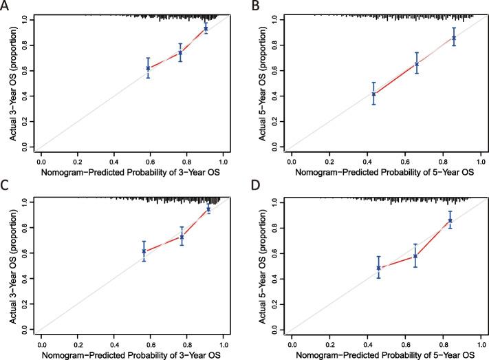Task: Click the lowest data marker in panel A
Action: click(148, 67)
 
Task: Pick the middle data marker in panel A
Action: click(180, 52)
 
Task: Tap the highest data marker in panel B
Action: click(454, 38)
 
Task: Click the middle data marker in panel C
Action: click(182, 236)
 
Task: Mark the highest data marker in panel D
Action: click(450, 220)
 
